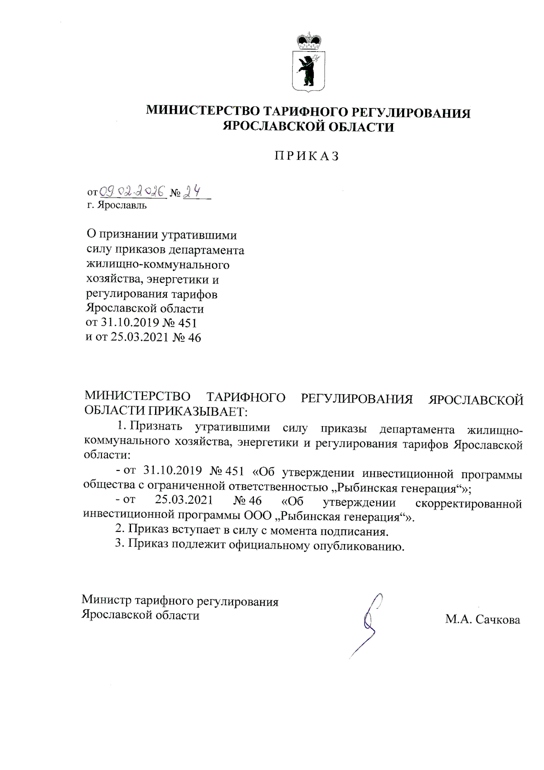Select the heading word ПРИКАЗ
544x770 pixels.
307,156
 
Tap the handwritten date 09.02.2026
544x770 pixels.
132,192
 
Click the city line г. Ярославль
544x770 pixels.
117,206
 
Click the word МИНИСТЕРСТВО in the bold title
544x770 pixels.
203,112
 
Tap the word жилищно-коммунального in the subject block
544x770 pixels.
157,265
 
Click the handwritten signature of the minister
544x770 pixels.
368,624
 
